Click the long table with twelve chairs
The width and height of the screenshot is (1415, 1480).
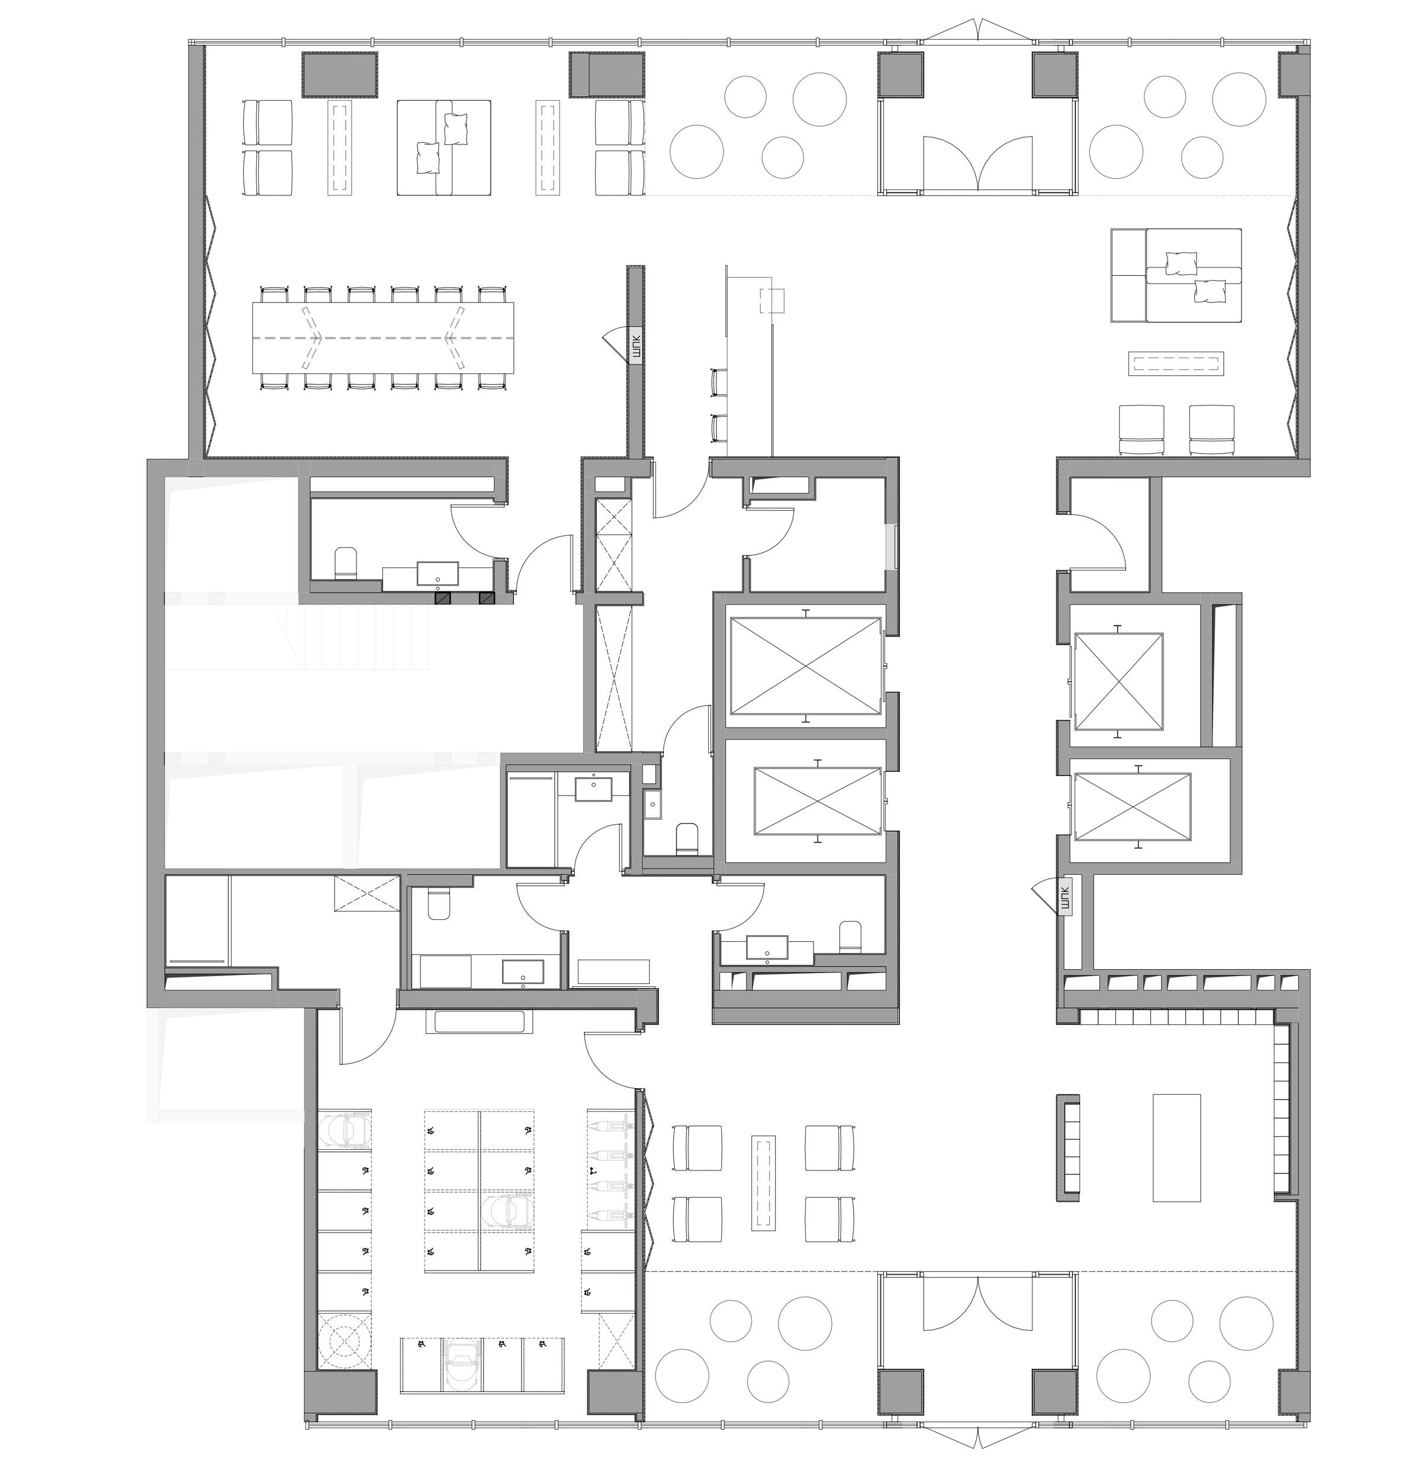pyautogui.click(x=383, y=338)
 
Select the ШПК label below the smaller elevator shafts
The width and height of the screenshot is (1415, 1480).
pyautogui.click(x=1065, y=897)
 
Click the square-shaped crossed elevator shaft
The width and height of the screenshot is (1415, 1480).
pyautogui.click(x=1118, y=682)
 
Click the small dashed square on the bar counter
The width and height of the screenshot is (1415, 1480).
pyautogui.click(x=773, y=300)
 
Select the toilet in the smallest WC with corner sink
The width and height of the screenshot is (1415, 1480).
pyautogui.click(x=686, y=839)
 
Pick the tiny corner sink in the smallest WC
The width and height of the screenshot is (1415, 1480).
pyautogui.click(x=652, y=804)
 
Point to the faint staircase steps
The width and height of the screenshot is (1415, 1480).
pyautogui.click(x=355, y=632)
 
